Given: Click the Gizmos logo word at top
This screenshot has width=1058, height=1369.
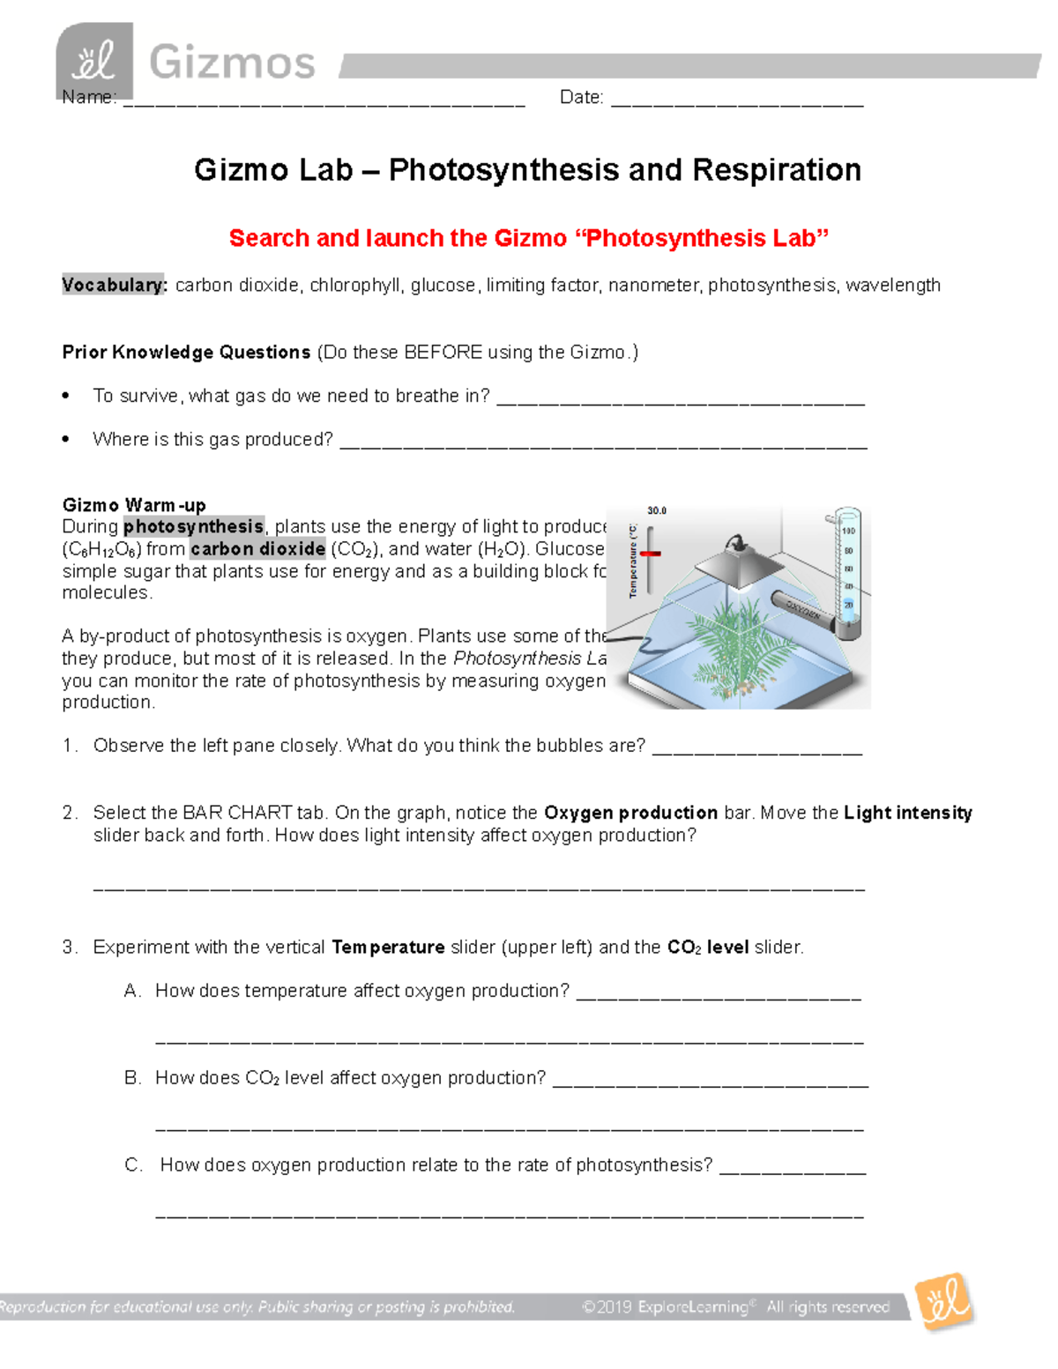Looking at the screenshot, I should tap(232, 63).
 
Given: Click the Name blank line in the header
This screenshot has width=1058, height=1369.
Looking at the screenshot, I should tap(324, 102).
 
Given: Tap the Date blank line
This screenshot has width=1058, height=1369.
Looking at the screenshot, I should tap(736, 102).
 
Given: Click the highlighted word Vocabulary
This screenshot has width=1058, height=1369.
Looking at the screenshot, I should tap(114, 286).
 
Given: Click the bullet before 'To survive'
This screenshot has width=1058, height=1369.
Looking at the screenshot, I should tap(66, 397).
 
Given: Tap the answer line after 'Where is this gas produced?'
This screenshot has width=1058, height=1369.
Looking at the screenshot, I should tap(603, 444).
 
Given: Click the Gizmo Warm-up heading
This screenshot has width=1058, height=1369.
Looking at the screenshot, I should tap(134, 505).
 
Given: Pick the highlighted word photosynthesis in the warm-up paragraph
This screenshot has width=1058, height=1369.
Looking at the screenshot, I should tap(193, 527).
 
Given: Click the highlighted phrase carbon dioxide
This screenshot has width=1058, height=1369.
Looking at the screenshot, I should tap(257, 549).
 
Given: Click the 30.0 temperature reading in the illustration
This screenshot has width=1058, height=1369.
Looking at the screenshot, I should tap(657, 510).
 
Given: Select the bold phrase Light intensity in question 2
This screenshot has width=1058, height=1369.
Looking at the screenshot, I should tap(907, 813).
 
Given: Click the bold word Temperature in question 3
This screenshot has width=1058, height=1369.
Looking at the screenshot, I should tap(388, 948).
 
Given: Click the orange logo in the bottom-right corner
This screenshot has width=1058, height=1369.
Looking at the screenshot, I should tap(943, 1302).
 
